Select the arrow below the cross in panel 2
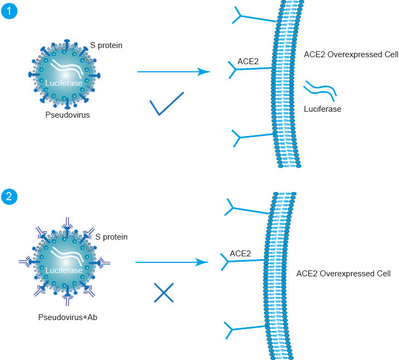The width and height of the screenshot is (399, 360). (171, 262)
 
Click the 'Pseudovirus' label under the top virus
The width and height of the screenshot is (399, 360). (67, 116)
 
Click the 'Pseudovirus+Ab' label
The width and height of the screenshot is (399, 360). (67, 317)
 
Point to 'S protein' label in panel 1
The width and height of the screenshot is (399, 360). (106, 45)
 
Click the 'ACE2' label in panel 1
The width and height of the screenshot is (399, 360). (248, 62)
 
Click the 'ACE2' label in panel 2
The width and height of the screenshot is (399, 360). (240, 253)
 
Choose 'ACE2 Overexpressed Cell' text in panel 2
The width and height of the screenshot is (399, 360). (343, 274)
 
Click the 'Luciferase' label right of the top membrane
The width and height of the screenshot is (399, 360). (322, 109)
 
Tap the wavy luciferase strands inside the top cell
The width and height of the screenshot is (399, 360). (321, 89)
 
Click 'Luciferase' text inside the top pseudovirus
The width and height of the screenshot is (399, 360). (64, 83)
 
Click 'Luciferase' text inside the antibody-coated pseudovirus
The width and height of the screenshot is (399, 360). (64, 270)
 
